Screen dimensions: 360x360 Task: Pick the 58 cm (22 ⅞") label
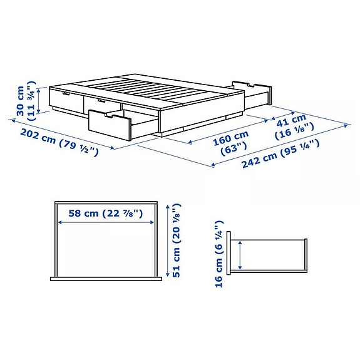(x=106, y=213)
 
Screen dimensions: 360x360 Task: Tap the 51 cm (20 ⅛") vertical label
(x=177, y=240)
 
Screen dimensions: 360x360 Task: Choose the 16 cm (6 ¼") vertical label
(x=219, y=253)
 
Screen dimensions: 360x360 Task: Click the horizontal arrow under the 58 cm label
(x=106, y=222)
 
